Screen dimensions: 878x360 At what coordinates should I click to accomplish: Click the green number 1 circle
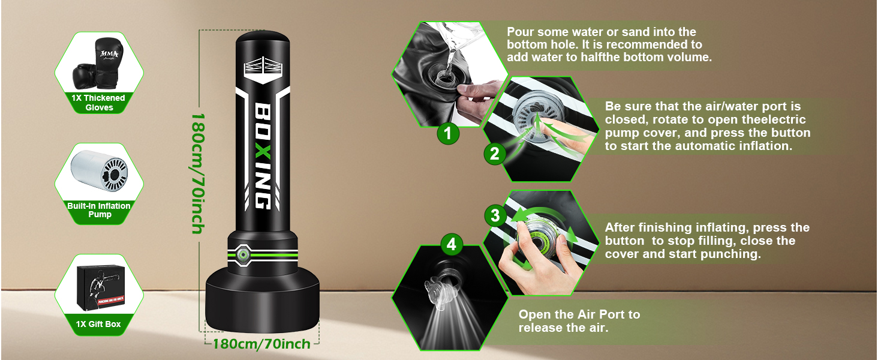(x=447, y=134)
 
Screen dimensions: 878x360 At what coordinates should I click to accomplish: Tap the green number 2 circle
(x=495, y=154)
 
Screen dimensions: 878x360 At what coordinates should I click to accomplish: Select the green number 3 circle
(x=495, y=215)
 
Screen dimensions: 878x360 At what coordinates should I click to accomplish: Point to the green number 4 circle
(x=452, y=244)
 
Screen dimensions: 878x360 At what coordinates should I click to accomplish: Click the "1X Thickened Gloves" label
(x=98, y=103)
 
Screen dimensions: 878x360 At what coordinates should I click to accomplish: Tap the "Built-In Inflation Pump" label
(x=99, y=210)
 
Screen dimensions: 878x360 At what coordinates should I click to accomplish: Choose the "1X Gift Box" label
(x=98, y=324)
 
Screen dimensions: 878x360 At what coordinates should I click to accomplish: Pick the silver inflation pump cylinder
(x=99, y=170)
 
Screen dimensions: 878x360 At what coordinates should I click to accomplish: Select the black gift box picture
(x=101, y=287)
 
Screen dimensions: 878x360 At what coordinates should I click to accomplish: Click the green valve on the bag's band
(x=242, y=255)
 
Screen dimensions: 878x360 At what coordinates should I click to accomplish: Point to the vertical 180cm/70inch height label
(x=197, y=174)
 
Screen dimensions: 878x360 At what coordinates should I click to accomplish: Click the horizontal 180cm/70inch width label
(x=261, y=344)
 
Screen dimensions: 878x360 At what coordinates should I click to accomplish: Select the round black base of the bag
(x=262, y=302)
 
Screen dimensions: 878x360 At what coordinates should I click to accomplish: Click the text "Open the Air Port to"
(x=579, y=314)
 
